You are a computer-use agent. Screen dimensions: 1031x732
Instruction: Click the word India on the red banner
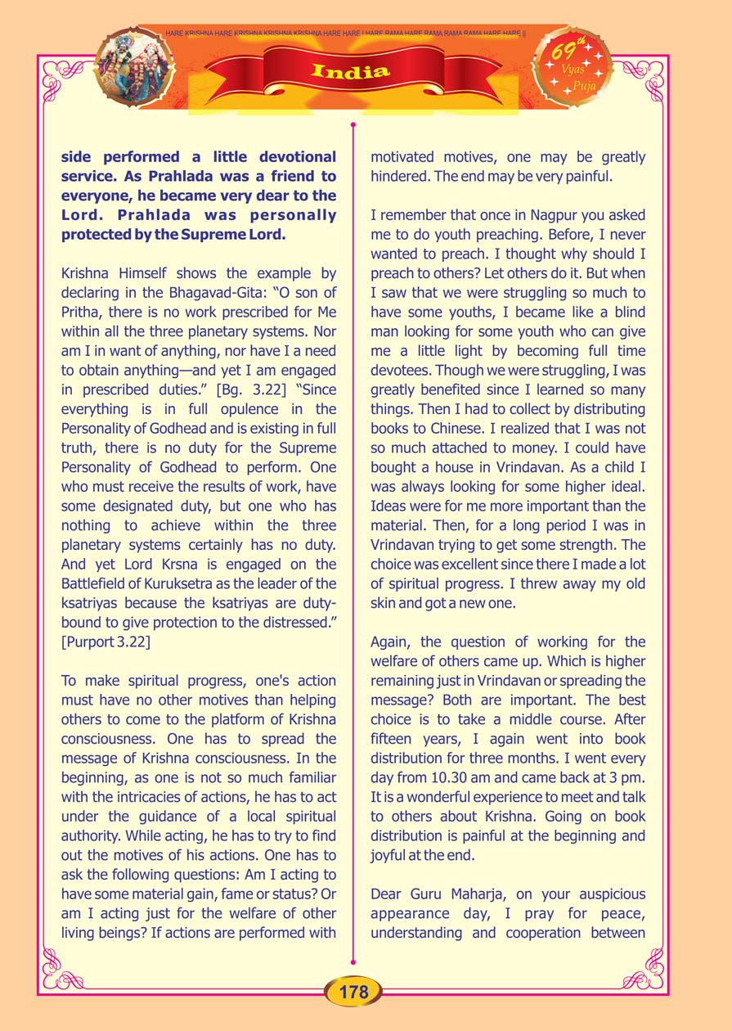click(351, 71)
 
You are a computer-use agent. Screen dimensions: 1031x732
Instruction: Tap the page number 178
click(353, 993)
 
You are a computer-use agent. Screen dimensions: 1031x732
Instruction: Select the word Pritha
click(81, 311)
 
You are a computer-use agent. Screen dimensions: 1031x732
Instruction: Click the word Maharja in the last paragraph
click(480, 894)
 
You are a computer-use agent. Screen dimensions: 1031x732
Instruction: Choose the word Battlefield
click(101, 583)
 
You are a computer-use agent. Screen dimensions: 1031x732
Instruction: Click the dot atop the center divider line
click(353, 125)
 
